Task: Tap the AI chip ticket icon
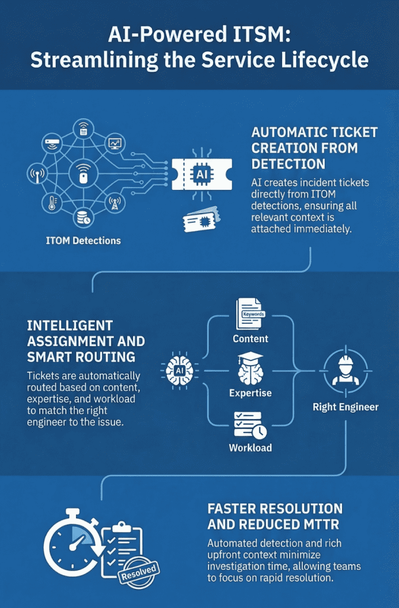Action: pyautogui.click(x=201, y=173)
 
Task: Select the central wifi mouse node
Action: pyautogui.click(x=83, y=175)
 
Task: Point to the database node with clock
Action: pyautogui.click(x=83, y=218)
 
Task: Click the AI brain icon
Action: pyautogui.click(x=178, y=371)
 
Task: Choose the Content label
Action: pyautogui.click(x=250, y=338)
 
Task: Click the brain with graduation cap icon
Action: pyautogui.click(x=250, y=369)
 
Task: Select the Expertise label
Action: pyautogui.click(x=250, y=393)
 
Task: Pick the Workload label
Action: pyautogui.click(x=250, y=447)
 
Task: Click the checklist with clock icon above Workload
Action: pyautogui.click(x=250, y=422)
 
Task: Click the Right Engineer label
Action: pyautogui.click(x=345, y=407)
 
